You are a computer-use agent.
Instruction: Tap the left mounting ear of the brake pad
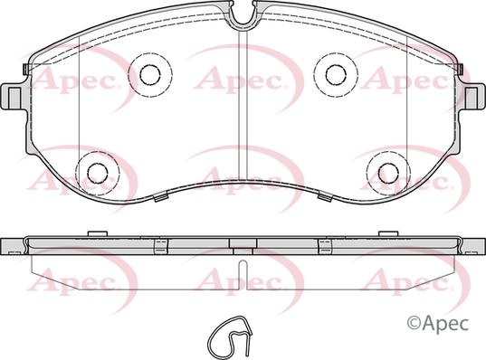[x=13, y=94]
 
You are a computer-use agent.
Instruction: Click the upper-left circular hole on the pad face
[x=148, y=72]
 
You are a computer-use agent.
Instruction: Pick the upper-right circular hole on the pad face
[x=335, y=72]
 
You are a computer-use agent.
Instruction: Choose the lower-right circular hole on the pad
[x=386, y=171]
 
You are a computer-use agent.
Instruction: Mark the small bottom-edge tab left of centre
[x=159, y=195]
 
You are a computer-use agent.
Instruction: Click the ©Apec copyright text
[x=443, y=320]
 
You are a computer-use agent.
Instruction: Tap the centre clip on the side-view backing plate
[x=241, y=244]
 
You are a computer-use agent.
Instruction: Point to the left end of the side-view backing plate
[x=13, y=245]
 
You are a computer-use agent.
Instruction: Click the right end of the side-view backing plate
[x=472, y=245]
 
